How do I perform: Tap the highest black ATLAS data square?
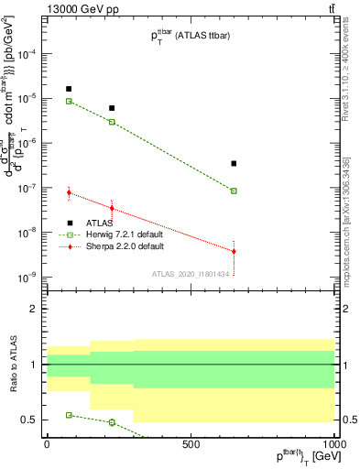(69, 89)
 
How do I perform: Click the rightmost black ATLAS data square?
(234, 163)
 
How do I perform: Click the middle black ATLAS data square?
(112, 108)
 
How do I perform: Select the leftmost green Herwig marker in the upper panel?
(69, 101)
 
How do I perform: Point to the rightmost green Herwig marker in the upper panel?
(234, 191)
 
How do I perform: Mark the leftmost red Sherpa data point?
(69, 192)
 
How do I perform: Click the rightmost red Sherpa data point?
(234, 251)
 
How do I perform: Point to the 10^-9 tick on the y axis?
(31, 277)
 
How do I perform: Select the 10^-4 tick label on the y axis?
(31, 53)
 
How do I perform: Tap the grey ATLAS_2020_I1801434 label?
(190, 274)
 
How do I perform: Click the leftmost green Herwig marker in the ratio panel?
(69, 415)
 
